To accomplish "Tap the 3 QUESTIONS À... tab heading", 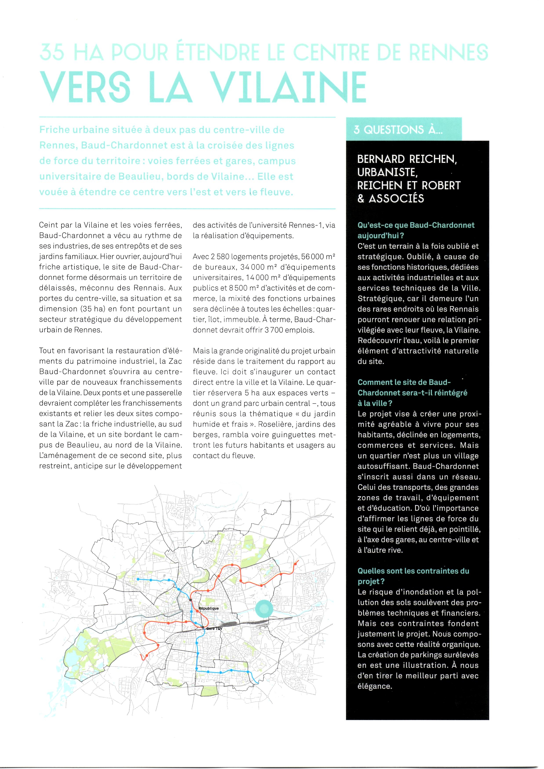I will tap(398, 130).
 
